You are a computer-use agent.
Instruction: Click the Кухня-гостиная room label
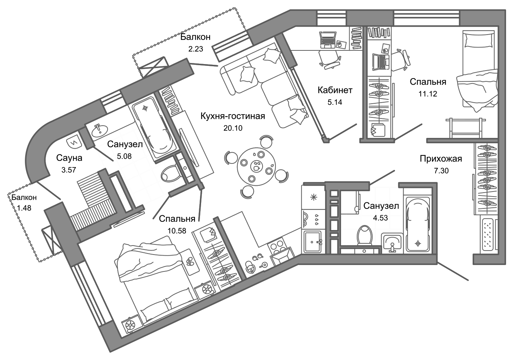tap(232, 116)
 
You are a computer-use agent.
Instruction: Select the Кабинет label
tap(335, 90)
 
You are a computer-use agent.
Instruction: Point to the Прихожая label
tap(441, 159)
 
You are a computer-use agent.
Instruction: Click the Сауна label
tap(69, 158)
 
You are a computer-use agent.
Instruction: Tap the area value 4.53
tap(380, 217)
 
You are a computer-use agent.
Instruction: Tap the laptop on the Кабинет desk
tap(328, 39)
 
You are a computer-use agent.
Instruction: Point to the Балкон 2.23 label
tap(195, 37)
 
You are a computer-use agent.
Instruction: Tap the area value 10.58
tap(177, 231)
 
